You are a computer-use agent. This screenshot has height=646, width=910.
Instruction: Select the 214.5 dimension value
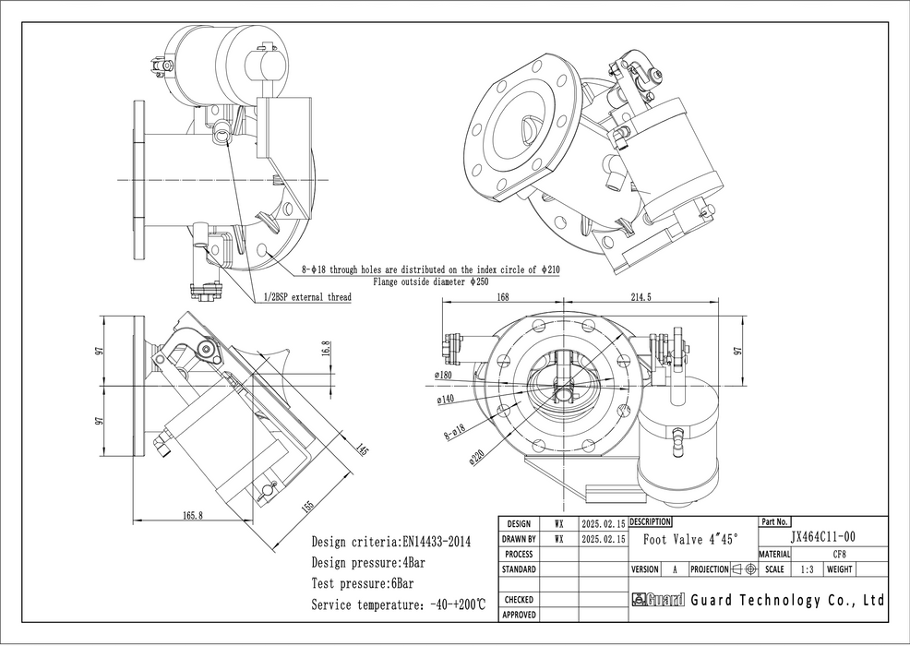640,297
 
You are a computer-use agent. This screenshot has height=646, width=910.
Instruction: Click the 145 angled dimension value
361,449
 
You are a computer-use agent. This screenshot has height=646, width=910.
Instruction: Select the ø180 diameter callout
442,376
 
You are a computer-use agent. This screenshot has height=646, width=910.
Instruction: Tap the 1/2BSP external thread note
306,297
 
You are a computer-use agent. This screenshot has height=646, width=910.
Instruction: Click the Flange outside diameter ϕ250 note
430,281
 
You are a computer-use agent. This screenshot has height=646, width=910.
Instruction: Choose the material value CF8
839,554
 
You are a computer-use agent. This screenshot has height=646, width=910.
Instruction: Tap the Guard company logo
657,600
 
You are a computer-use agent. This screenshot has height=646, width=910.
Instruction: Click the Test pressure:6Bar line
362,583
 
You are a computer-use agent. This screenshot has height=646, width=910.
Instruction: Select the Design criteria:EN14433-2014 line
391,542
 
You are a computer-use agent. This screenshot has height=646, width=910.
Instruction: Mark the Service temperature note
398,604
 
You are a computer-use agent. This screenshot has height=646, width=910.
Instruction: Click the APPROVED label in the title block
519,614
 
